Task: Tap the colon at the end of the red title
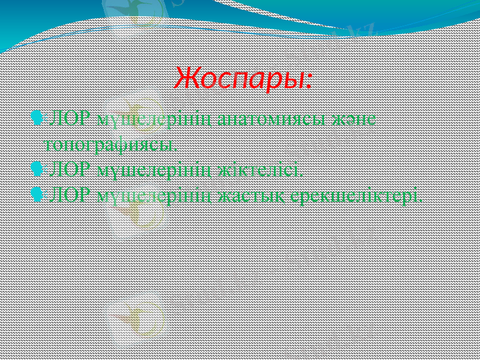click(x=308, y=81)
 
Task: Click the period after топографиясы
click(x=176, y=149)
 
